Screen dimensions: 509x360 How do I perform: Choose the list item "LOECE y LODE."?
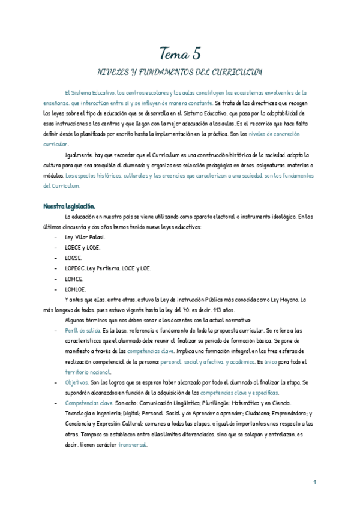point(83,247)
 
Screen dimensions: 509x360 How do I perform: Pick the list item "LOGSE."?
point(75,258)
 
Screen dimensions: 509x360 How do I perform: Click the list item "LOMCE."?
point(75,279)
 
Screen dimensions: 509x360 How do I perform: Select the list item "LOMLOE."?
point(76,289)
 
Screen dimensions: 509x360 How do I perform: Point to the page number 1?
point(314,483)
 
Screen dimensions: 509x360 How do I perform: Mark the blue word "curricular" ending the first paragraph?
point(55,144)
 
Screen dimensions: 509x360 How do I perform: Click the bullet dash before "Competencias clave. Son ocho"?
point(55,403)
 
